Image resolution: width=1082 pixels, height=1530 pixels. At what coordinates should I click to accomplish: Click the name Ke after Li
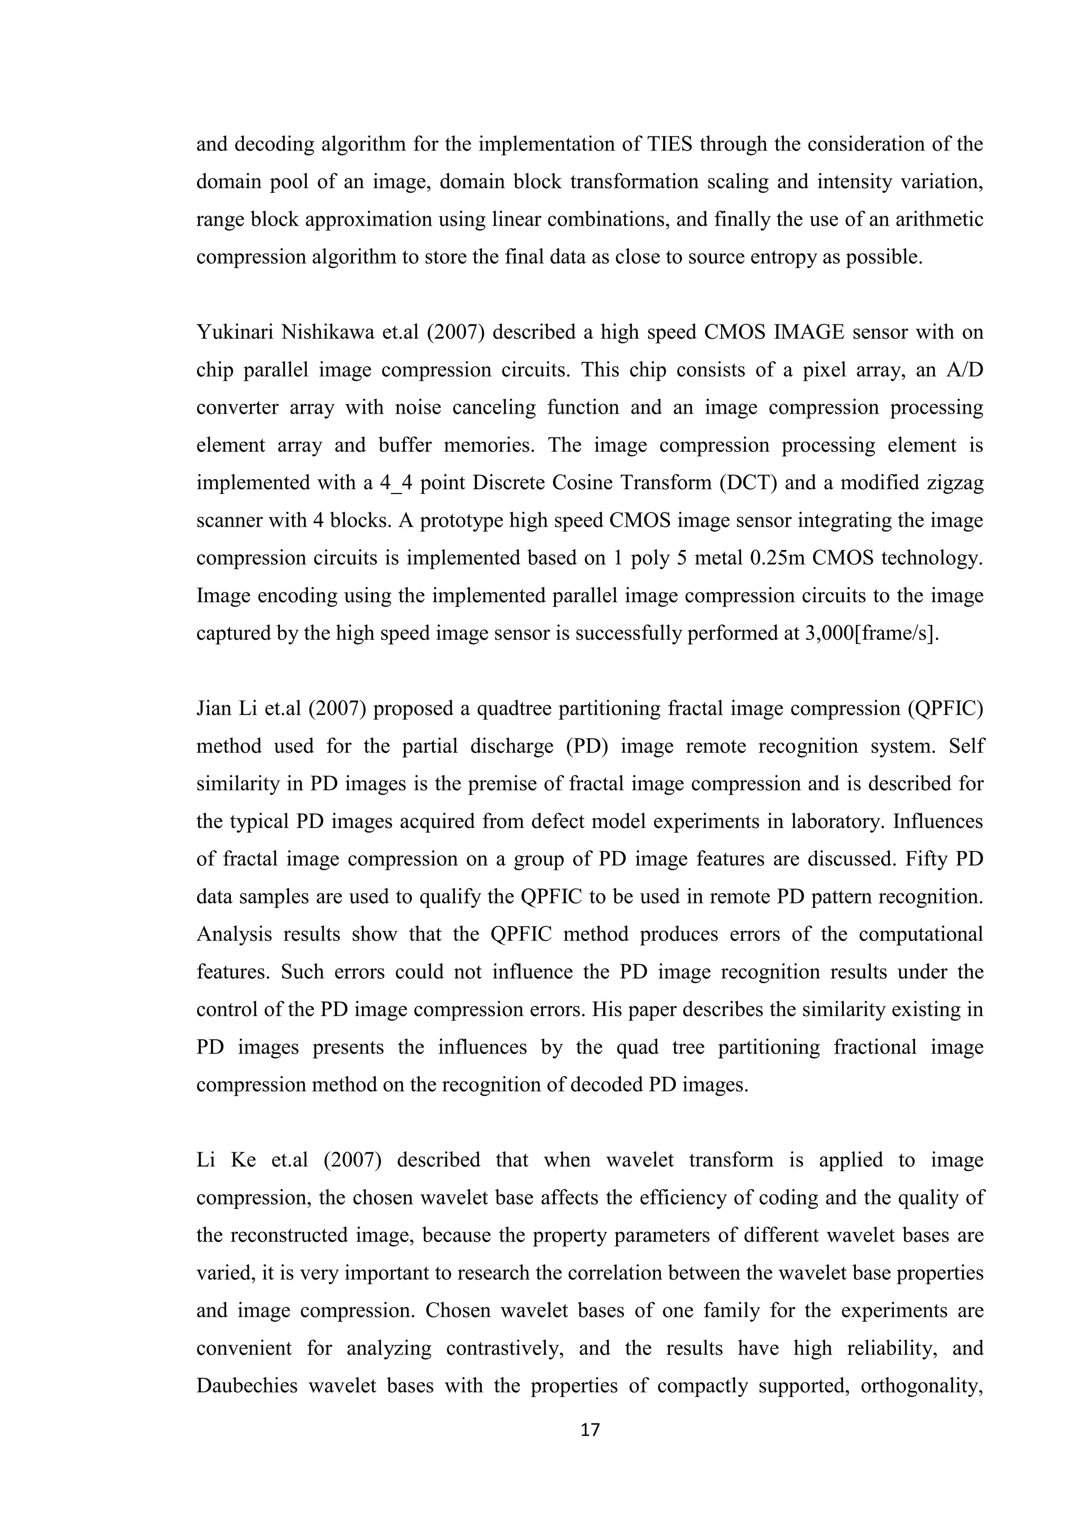(243, 1160)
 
